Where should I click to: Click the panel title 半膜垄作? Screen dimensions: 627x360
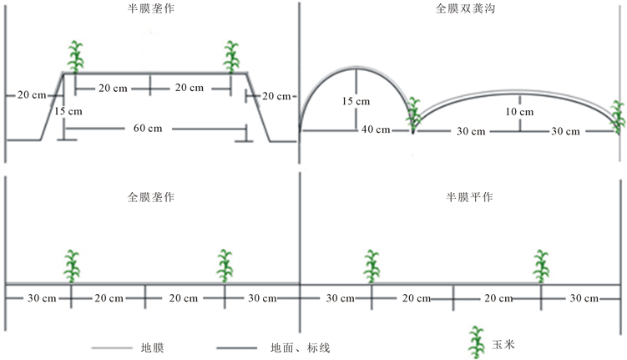click(x=150, y=9)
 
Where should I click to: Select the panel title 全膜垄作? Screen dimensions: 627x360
click(x=150, y=198)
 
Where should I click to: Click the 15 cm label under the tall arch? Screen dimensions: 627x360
click(x=356, y=101)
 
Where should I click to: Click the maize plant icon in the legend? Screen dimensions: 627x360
click(x=477, y=341)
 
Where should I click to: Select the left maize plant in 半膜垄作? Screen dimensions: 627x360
click(x=76, y=56)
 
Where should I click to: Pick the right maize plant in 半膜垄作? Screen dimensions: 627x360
click(x=231, y=56)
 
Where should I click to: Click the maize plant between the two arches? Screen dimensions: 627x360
click(x=413, y=115)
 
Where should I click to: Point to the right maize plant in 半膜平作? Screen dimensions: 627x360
click(x=542, y=266)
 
